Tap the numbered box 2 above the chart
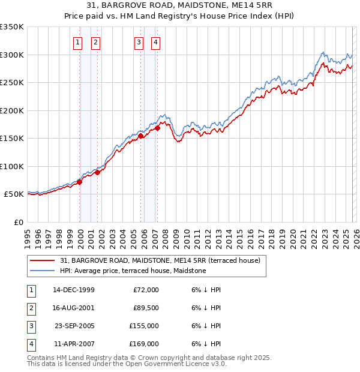click(96, 42)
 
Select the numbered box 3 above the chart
click(139, 42)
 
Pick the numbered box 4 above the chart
click(155, 42)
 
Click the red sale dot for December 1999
click(80, 182)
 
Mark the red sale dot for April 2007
click(157, 128)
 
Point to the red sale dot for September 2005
click(141, 136)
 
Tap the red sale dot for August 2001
click(97, 172)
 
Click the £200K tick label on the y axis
click(12, 110)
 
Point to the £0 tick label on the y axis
click(19, 222)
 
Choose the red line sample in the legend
click(43, 261)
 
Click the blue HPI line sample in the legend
click(43, 271)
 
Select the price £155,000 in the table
click(144, 326)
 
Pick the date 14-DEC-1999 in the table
click(74, 290)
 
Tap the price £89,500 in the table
click(146, 308)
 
